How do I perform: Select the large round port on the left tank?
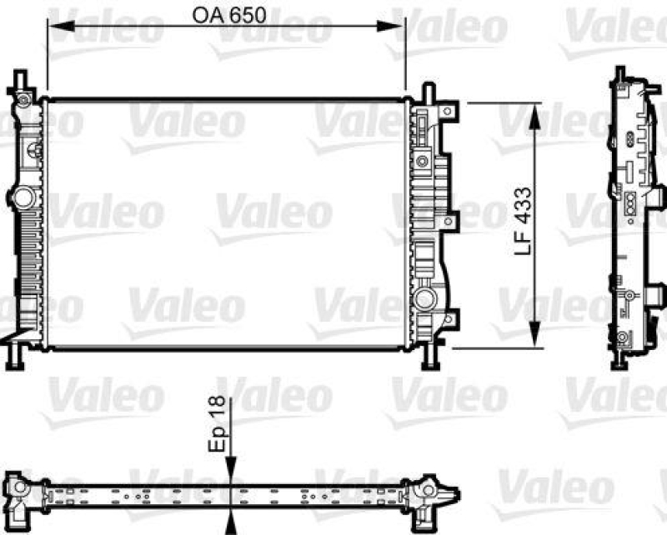point(21,197)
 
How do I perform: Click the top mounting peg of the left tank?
point(20,82)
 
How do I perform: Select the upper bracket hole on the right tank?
point(451,111)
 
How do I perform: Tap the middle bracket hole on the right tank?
point(451,222)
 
